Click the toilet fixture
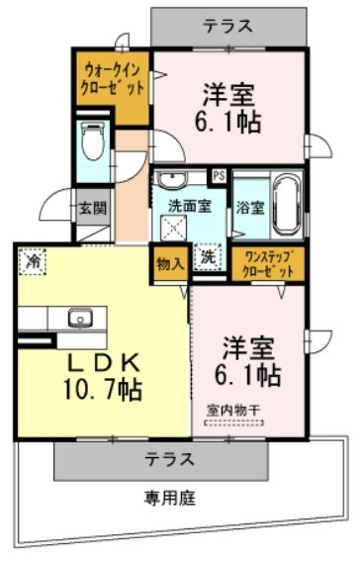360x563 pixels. [93, 141]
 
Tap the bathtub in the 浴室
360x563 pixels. [288, 206]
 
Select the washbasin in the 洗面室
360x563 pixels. [172, 179]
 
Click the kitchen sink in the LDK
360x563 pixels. [80, 319]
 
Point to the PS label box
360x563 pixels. [219, 175]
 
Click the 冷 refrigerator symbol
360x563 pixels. [33, 261]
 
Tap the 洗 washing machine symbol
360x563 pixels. [208, 257]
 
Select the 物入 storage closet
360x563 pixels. [170, 264]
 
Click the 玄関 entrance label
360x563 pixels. [93, 208]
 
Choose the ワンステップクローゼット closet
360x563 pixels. [268, 264]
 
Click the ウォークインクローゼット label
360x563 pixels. [112, 79]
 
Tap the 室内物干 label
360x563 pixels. [233, 410]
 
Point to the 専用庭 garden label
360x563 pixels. [170, 499]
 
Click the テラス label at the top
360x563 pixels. [228, 26]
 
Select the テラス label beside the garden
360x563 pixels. [170, 459]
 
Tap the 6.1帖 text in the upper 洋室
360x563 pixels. [227, 123]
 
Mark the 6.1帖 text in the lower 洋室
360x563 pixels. [247, 376]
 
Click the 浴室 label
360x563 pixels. [250, 208]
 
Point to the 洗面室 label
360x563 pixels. [190, 206]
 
